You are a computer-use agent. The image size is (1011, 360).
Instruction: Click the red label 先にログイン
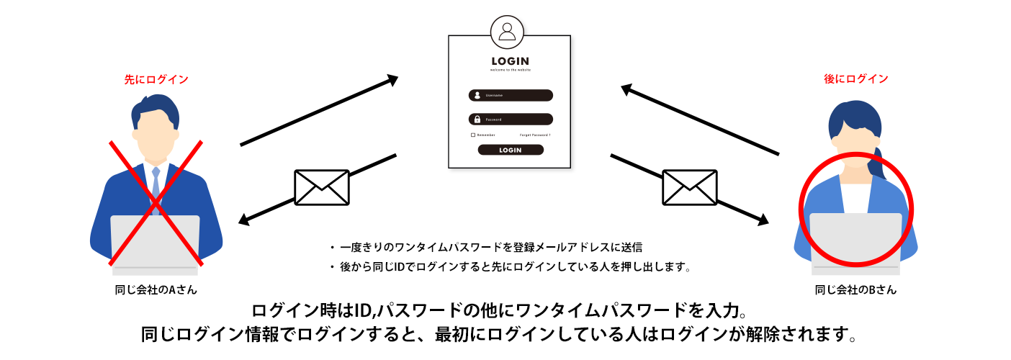[156, 79]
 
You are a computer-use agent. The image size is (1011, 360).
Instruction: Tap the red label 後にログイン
[855, 78]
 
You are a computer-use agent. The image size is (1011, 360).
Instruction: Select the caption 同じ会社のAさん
[156, 290]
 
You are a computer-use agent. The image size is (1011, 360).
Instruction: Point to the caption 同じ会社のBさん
[855, 290]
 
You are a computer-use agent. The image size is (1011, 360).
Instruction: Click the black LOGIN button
[511, 150]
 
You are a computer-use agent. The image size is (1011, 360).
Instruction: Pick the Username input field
[511, 95]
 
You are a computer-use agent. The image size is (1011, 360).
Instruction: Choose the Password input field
[511, 119]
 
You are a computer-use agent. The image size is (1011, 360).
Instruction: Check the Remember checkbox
[473, 135]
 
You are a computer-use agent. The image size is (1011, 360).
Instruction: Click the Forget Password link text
[535, 135]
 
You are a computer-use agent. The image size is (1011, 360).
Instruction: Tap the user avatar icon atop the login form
[508, 31]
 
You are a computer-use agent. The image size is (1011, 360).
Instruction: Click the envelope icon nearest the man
[321, 187]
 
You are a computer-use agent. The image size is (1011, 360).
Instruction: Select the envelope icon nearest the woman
[689, 187]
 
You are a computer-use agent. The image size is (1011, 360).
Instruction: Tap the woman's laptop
[855, 241]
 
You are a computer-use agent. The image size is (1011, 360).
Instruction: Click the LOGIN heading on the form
[510, 61]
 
